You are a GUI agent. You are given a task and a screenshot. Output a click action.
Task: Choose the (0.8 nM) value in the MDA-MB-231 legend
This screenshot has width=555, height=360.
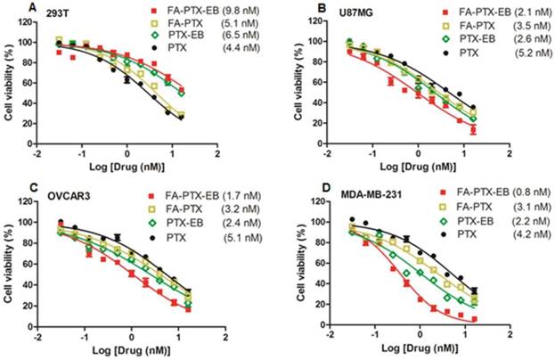526,193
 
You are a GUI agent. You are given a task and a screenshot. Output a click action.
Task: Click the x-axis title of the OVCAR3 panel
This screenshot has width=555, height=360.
127,352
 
